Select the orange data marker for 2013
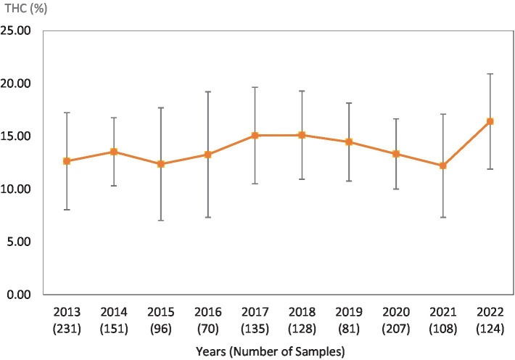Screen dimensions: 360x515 (x=67, y=161)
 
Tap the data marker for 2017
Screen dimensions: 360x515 (x=255, y=135)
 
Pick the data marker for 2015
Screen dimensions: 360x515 (x=161, y=164)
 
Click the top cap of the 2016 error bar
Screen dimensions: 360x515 (x=208, y=91)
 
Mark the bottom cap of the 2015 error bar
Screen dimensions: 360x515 (x=161, y=220)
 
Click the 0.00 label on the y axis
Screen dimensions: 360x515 (x=21, y=295)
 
